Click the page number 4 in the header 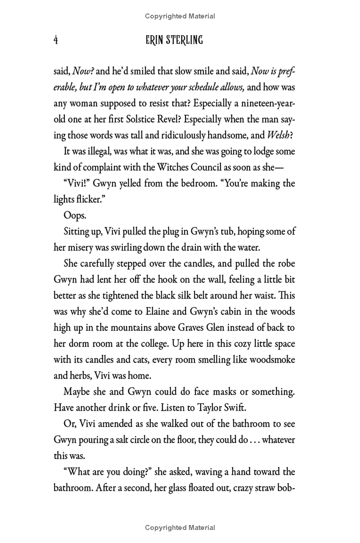(x=55, y=40)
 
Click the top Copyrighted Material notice (x=180, y=16)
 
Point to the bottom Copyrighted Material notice (x=180, y=528)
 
